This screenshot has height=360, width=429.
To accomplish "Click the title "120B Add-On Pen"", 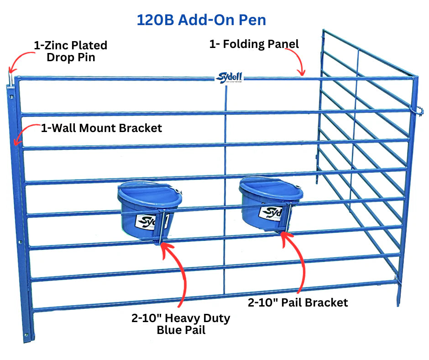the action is [x=201, y=20].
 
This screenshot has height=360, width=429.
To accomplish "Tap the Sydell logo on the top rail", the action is [x=229, y=78].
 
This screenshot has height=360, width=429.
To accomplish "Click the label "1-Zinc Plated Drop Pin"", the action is [x=71, y=51].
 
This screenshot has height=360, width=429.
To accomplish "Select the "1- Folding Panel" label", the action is [x=254, y=44].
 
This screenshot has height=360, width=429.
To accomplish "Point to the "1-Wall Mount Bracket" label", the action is [x=101, y=128].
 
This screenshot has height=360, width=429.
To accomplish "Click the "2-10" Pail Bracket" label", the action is [x=298, y=302].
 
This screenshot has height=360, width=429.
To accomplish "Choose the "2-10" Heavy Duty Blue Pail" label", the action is [x=181, y=324].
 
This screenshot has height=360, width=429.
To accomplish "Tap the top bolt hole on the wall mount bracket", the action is [x=11, y=97].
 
